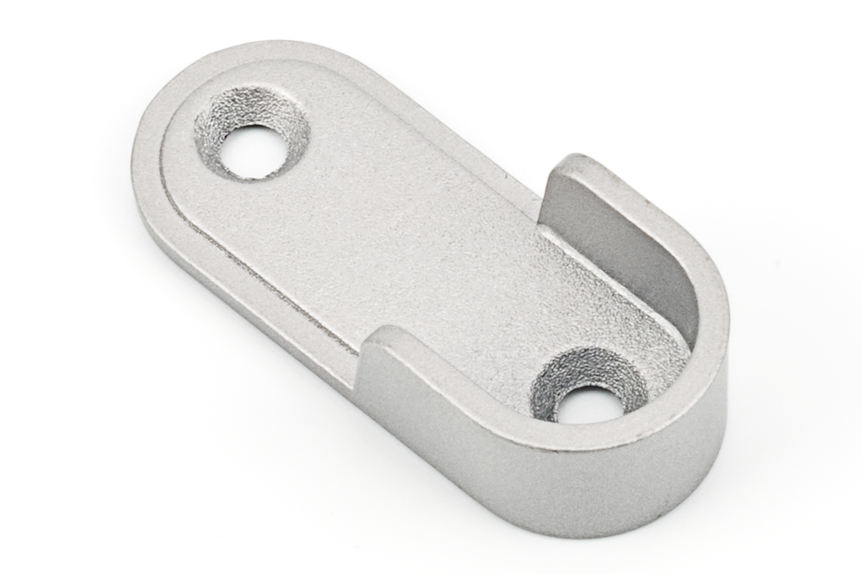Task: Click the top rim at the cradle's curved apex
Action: pos(711,337)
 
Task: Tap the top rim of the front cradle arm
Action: pos(471,396)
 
